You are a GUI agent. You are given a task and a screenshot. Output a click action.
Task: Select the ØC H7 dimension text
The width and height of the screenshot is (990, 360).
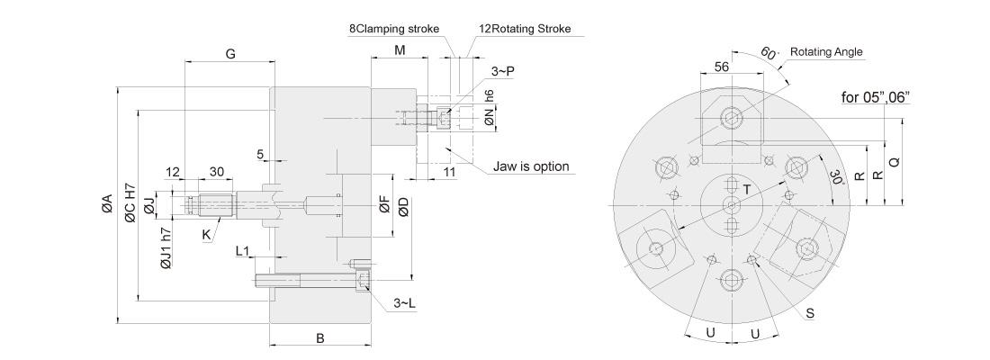[130, 203]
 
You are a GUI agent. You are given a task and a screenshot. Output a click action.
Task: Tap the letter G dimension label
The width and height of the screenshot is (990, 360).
[230, 54]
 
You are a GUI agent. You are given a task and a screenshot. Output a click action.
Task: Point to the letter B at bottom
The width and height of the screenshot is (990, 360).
[320, 338]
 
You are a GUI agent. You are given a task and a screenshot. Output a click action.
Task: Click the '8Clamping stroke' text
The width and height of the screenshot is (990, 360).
[394, 29]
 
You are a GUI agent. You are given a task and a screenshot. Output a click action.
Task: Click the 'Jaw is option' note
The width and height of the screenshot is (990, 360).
[531, 166]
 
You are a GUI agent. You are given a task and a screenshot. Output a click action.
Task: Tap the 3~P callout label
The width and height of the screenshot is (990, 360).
[502, 71]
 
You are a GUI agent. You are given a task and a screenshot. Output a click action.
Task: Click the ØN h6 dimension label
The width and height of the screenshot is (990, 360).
[489, 110]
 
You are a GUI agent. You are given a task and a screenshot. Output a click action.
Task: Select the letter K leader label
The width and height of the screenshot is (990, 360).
[206, 235]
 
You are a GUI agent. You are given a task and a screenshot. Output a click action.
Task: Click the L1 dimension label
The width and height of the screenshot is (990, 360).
[243, 251]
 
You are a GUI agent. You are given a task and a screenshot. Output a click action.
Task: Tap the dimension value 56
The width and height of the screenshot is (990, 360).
[723, 67]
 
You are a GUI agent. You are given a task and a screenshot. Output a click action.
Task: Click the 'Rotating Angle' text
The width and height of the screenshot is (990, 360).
[826, 52]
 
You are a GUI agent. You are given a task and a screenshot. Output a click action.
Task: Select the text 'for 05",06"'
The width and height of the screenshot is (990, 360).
[875, 97]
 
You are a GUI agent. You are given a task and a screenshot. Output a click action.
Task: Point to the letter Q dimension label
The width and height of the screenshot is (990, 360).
[894, 162]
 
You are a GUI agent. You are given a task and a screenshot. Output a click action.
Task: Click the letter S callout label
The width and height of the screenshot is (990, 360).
[810, 313]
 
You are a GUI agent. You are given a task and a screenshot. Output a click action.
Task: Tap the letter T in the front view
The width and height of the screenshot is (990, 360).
[747, 189]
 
